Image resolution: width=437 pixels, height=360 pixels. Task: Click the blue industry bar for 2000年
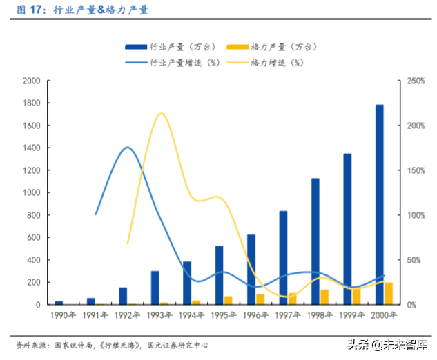pos(379,205)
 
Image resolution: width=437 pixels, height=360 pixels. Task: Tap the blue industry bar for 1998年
pos(315,241)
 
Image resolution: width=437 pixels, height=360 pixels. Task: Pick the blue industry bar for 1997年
pos(283,258)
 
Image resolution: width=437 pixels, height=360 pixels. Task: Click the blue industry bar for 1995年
pos(219,275)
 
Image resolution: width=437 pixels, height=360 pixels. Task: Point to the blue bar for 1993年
pos(155,288)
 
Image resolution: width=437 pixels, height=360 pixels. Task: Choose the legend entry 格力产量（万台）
pos(274,47)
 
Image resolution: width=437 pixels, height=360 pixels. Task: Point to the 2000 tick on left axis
pos(31,81)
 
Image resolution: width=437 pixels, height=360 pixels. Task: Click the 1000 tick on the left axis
pos(31,193)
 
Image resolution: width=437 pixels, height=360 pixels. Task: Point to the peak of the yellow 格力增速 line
pos(160,113)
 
